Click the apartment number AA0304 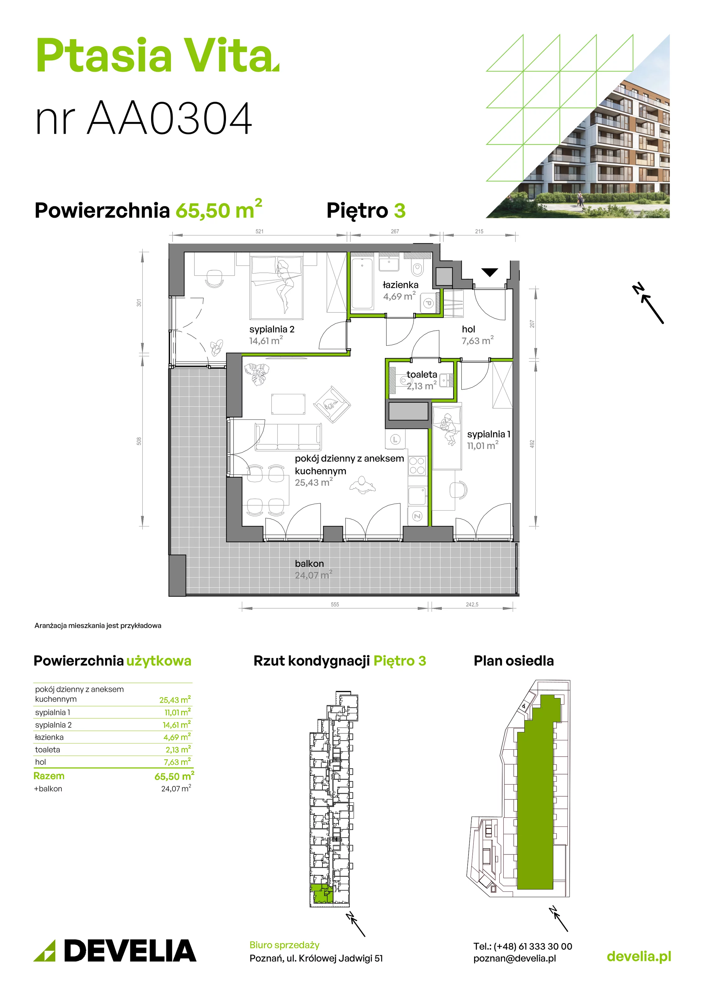point(169,118)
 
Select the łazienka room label point(400,285)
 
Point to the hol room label point(469,329)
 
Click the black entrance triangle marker point(490,272)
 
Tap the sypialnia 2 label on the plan point(272,329)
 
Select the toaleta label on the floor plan point(422,374)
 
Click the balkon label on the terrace point(309,563)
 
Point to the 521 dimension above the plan point(259,231)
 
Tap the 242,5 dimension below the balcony point(472,604)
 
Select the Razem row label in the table point(49,776)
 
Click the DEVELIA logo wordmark point(130,951)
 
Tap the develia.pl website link point(639,956)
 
